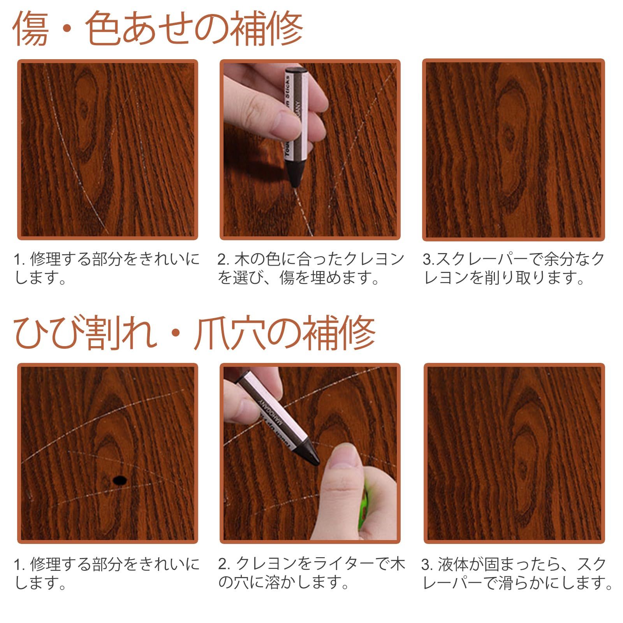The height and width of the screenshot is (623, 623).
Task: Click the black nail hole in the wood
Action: (x=119, y=480)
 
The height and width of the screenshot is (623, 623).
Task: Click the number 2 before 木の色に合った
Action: (x=222, y=259)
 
